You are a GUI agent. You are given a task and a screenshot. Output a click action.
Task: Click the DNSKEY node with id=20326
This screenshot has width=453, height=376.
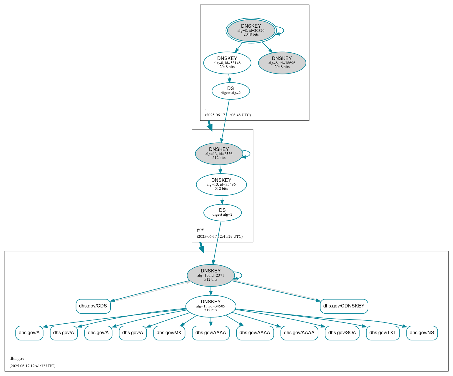[251, 30]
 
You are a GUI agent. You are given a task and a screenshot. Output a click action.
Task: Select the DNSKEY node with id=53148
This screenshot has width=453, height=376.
[227, 63]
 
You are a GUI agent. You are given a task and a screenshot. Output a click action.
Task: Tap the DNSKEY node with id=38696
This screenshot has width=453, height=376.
[282, 63]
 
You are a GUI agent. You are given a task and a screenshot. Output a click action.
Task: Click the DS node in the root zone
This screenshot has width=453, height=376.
[231, 91]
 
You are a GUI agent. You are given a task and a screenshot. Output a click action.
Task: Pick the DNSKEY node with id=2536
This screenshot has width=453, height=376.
[219, 154]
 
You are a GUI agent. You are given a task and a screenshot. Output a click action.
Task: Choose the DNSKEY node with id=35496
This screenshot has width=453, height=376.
[221, 184]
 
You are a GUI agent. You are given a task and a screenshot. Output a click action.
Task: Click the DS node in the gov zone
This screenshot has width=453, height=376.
[223, 212]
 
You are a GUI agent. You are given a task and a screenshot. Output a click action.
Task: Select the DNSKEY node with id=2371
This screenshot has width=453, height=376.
[211, 275]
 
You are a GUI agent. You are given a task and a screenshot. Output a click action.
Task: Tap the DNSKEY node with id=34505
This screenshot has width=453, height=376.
[211, 306]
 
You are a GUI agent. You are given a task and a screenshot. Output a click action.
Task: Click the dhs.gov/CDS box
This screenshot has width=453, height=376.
[93, 306]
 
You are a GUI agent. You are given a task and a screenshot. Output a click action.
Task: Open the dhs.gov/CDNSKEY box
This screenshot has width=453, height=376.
[344, 306]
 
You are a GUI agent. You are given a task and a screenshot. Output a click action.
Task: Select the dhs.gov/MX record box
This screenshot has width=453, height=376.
[169, 333]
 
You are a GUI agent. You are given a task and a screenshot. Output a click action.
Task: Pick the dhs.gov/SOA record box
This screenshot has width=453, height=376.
[342, 333]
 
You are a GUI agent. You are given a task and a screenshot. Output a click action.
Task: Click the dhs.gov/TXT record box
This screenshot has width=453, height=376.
[383, 333]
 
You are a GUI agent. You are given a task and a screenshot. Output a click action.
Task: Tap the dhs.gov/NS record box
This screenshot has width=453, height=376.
[422, 333]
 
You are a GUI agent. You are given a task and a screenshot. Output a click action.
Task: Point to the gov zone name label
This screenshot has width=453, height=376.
[200, 229]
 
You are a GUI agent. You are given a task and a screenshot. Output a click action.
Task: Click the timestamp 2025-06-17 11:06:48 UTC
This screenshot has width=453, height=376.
[228, 115]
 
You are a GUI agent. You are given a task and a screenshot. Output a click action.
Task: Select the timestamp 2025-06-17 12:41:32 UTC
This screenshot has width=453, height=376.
[32, 366]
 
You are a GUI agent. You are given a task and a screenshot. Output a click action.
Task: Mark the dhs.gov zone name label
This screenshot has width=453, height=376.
[17, 359]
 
